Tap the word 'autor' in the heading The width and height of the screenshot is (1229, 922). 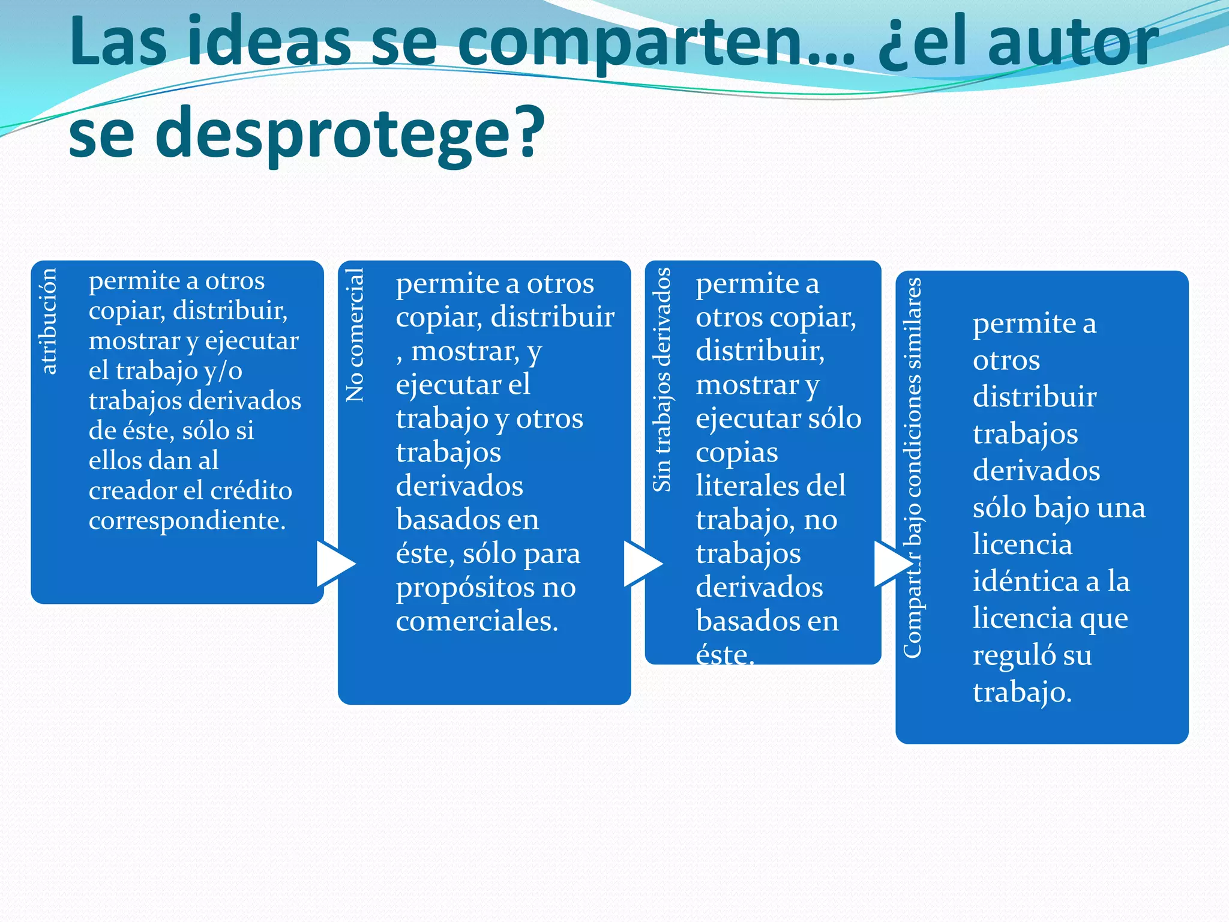[1074, 42]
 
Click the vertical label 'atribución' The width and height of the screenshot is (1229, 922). [49, 321]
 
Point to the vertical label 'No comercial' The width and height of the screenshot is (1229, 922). [355, 335]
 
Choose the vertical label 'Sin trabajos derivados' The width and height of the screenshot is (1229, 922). [662, 380]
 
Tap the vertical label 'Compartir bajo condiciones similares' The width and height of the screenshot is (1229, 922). [912, 468]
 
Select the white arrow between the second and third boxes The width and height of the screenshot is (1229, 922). [642, 563]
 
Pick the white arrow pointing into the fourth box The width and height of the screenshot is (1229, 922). [892, 563]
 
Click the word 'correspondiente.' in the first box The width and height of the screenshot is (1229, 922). [187, 521]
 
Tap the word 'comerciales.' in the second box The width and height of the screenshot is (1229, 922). [477, 621]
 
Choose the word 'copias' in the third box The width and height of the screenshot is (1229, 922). [737, 452]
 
